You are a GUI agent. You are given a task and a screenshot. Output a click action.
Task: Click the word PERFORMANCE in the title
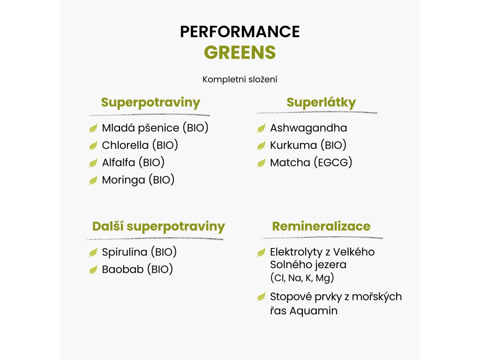[240, 31]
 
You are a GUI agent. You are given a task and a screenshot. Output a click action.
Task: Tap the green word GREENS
[240, 52]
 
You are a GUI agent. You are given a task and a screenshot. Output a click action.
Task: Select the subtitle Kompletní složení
[240, 80]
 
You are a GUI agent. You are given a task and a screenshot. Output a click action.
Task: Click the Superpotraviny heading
[150, 103]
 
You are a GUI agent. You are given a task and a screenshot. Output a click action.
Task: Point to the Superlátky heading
[321, 103]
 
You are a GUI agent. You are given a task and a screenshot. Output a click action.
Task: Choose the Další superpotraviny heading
[158, 226]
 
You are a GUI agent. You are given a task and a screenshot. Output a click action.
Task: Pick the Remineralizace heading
[321, 226]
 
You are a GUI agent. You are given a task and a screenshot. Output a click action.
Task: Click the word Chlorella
[125, 145]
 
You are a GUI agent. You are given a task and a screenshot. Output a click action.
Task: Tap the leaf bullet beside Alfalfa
[93, 163]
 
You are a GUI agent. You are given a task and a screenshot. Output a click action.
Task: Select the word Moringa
[123, 180]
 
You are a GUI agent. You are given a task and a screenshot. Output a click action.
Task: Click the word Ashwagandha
[308, 128]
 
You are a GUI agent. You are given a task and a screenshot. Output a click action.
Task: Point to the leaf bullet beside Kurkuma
[261, 145]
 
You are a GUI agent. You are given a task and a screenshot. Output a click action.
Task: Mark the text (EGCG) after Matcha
[333, 163]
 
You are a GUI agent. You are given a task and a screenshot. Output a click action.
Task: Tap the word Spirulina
[124, 252]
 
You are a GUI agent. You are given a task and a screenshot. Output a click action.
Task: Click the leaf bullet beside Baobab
[93, 270]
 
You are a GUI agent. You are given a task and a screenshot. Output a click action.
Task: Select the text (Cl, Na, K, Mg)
[302, 277]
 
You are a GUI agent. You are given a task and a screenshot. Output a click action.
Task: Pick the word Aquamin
[313, 311]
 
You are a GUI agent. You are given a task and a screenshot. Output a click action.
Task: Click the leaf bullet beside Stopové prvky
[261, 297]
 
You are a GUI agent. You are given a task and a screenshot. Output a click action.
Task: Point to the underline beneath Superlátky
[316, 112]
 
